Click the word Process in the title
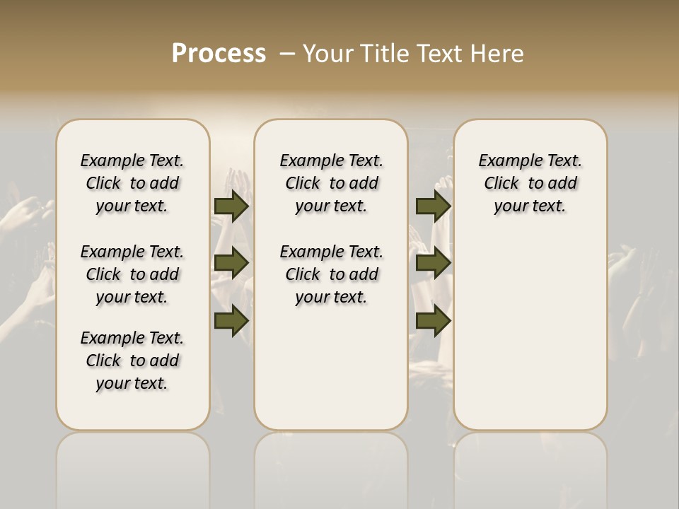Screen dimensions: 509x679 pyautogui.click(x=219, y=54)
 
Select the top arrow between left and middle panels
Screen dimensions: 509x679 pyautogui.click(x=231, y=206)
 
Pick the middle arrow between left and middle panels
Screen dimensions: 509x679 pyautogui.click(x=231, y=263)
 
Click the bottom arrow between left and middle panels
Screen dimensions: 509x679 pyautogui.click(x=231, y=320)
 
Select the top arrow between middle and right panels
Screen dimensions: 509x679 pyautogui.click(x=433, y=206)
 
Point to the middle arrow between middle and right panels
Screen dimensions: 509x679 pyautogui.click(x=433, y=263)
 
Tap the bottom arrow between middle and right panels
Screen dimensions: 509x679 pyautogui.click(x=433, y=320)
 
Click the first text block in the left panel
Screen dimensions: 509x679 pyautogui.click(x=132, y=183)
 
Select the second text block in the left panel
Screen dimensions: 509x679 pyautogui.click(x=132, y=274)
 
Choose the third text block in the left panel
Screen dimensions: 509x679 pyautogui.click(x=132, y=361)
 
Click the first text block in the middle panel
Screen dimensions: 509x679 pyautogui.click(x=331, y=183)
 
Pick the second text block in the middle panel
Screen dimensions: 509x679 pyautogui.click(x=331, y=274)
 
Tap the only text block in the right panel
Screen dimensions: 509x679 pyautogui.click(x=530, y=183)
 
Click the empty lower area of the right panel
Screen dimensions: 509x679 pyautogui.click(x=530, y=332)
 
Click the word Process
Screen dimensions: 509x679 pyautogui.click(x=219, y=54)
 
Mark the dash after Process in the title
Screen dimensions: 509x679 pyautogui.click(x=286, y=54)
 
